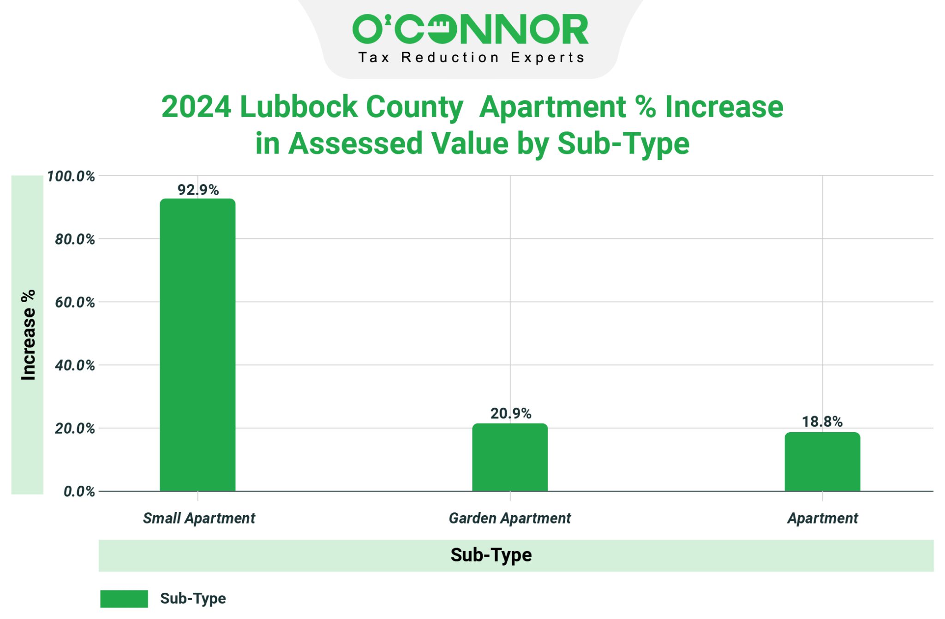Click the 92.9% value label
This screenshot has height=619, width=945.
point(198,190)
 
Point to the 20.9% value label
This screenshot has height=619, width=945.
point(510,413)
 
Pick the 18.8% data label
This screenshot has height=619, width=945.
point(822,422)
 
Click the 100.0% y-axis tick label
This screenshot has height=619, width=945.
point(71,176)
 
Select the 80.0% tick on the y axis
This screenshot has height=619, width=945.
point(75,239)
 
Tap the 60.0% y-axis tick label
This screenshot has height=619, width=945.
point(75,303)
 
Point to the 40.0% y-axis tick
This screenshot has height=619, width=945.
point(75,366)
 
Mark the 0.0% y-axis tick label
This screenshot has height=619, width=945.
point(79,492)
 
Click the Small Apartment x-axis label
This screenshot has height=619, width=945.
point(199,518)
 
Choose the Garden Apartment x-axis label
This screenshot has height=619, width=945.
point(510,518)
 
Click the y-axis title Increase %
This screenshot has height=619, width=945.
point(28,335)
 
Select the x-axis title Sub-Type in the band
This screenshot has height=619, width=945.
point(491,555)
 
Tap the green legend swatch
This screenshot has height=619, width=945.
point(124,599)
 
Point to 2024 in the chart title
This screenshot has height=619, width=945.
point(196,107)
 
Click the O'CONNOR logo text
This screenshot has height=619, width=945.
point(470,30)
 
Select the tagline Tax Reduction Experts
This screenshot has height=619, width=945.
point(471,58)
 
